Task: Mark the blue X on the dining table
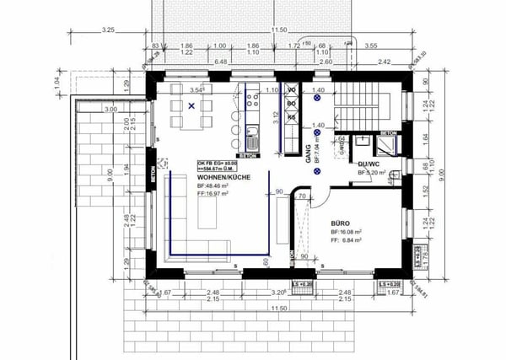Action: pyautogui.click(x=192, y=105)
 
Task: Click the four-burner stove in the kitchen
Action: pyautogui.click(x=252, y=101)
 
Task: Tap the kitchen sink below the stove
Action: pyautogui.click(x=252, y=131)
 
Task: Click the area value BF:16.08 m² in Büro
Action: pyautogui.click(x=346, y=229)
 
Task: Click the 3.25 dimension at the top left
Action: pyautogui.click(x=107, y=30)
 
